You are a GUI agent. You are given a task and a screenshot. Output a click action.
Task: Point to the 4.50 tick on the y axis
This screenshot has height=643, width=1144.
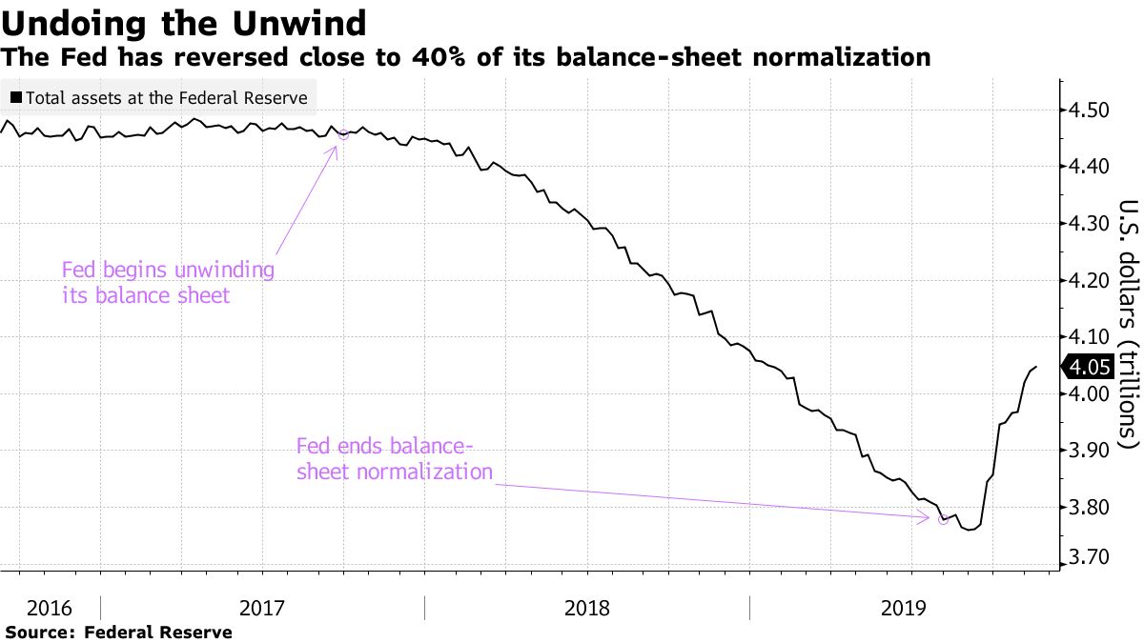[1091, 111]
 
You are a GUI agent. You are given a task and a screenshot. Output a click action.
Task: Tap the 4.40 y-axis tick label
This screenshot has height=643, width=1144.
[1091, 168]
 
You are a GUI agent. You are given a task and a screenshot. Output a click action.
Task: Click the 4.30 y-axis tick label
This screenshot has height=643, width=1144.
[1091, 225]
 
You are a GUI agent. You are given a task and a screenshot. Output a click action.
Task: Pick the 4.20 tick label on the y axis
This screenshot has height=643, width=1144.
[1091, 281]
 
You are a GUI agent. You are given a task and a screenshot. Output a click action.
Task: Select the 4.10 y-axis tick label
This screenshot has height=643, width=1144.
[1091, 337]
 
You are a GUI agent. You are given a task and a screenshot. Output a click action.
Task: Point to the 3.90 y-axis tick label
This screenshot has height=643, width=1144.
[1091, 451]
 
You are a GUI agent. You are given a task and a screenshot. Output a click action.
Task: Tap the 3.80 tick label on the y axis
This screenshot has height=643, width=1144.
[1091, 508]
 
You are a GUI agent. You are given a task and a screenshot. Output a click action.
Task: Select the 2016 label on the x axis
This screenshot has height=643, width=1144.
[48, 608]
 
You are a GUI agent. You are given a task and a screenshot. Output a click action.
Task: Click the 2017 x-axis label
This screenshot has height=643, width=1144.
[262, 608]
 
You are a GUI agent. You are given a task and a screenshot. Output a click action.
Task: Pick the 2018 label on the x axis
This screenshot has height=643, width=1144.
[587, 608]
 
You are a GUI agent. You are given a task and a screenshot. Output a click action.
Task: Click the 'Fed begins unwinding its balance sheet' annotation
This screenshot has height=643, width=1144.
[168, 282]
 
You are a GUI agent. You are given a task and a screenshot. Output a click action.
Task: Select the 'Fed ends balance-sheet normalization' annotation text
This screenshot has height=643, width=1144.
[394, 458]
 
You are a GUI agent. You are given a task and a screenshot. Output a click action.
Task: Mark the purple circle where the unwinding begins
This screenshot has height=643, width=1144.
[343, 134]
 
